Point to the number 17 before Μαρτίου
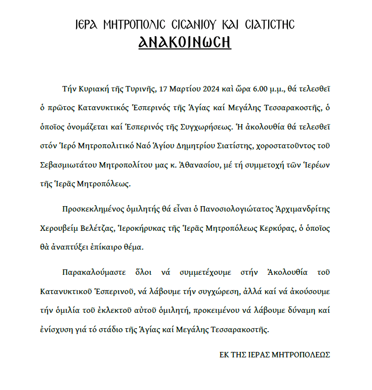[x=163, y=89]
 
